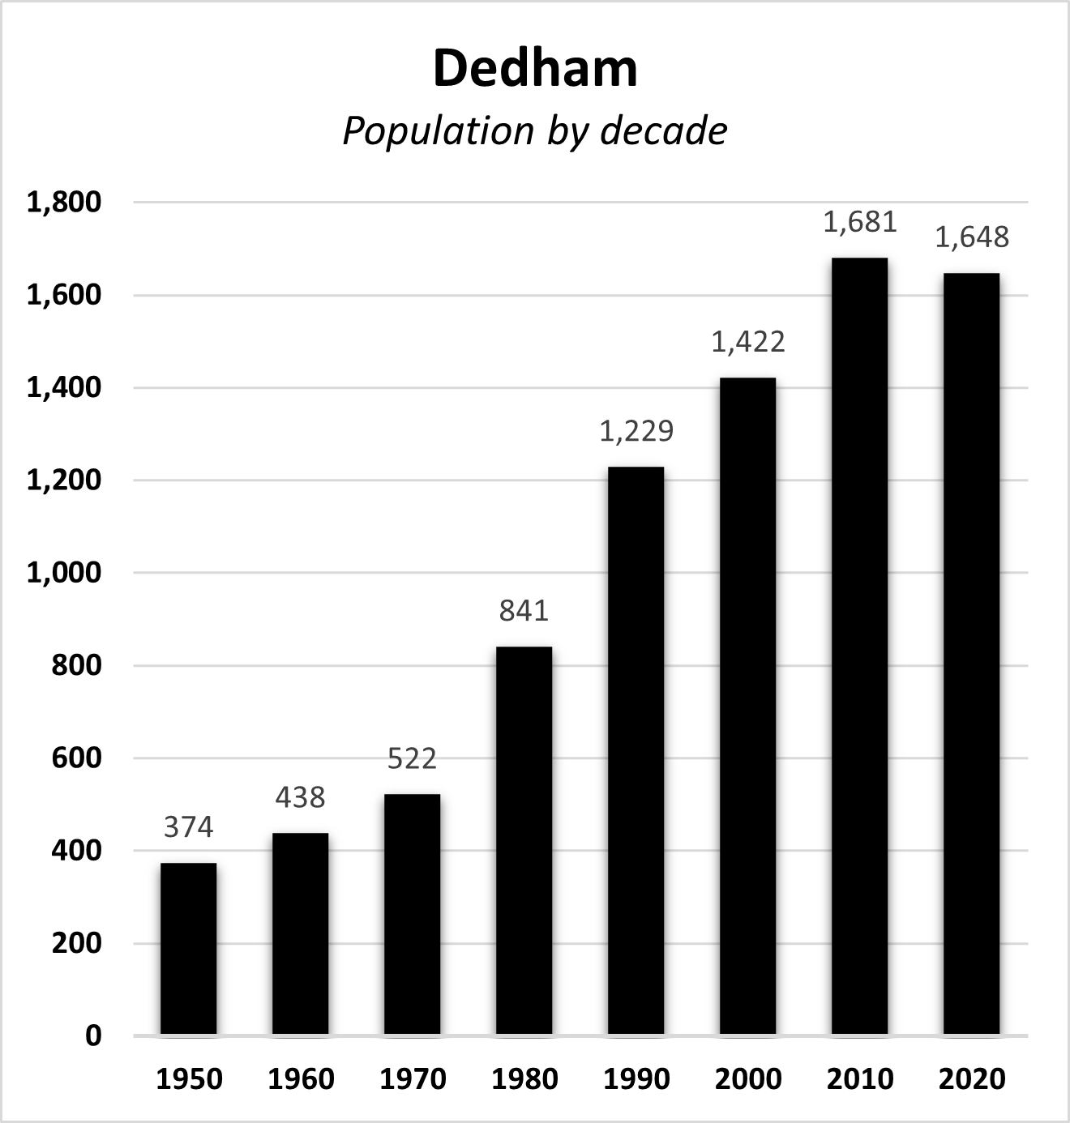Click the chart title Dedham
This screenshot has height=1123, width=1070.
click(535, 69)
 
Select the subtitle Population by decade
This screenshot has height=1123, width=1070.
click(535, 131)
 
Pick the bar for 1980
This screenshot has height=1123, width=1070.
click(524, 840)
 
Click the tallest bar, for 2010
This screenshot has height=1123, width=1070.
click(859, 646)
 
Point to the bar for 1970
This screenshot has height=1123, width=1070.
click(412, 914)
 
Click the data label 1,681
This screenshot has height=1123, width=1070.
click(859, 222)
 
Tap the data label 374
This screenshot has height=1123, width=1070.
click(188, 827)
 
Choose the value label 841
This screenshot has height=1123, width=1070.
click(524, 610)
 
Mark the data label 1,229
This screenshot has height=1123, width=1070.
click(636, 431)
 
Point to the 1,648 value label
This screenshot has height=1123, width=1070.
click(971, 237)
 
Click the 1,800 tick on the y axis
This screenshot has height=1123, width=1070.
click(64, 202)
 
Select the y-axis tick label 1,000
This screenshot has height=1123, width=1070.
click(64, 573)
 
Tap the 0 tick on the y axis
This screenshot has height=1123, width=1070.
click(93, 1035)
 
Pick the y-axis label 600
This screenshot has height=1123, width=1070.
click(76, 758)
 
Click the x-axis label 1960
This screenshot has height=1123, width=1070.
click(301, 1079)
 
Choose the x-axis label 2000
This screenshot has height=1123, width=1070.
click(748, 1079)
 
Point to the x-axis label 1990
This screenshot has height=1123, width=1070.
click(636, 1079)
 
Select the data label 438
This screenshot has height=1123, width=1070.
click(300, 798)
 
